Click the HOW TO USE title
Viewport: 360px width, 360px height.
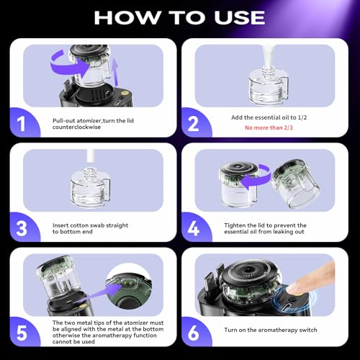(180, 17)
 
